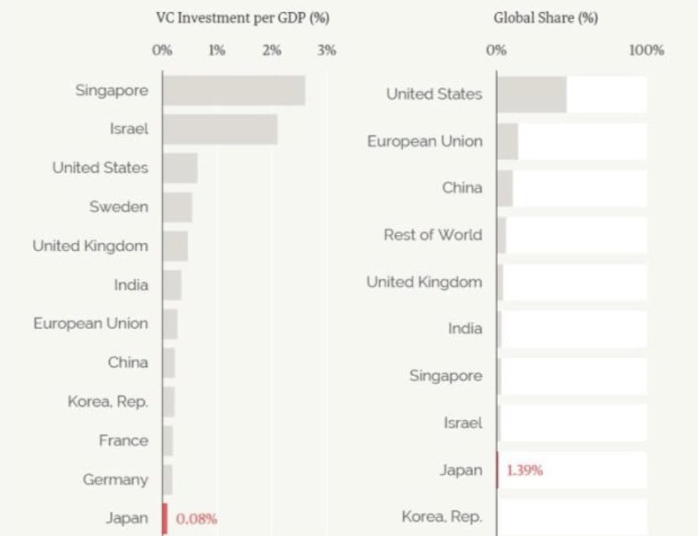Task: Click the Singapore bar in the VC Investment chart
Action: click(x=233, y=90)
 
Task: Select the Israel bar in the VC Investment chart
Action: click(x=220, y=129)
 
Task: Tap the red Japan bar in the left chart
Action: click(x=165, y=518)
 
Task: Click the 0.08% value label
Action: click(x=196, y=519)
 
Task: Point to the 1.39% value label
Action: click(x=525, y=470)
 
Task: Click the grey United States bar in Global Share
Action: click(x=532, y=94)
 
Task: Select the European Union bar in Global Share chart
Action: click(x=507, y=141)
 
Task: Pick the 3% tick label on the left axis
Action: click(x=326, y=51)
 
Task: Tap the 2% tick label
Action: click(x=272, y=51)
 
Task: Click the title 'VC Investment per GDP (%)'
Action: click(x=243, y=19)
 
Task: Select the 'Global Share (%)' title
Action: click(x=546, y=19)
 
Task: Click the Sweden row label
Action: click(x=119, y=207)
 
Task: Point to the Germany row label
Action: click(x=116, y=480)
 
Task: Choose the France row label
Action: click(x=123, y=440)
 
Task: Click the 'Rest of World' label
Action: click(x=433, y=235)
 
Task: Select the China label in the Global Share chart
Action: click(x=462, y=188)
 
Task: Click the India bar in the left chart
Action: click(x=172, y=285)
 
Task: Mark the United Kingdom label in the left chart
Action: click(x=91, y=246)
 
